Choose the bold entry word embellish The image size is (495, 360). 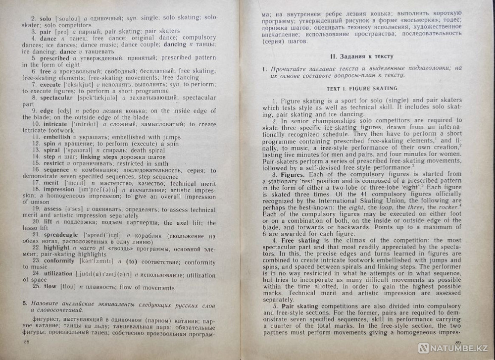tap(56, 137)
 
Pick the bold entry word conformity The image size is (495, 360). tap(60, 260)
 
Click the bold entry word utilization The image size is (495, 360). tap(58, 273)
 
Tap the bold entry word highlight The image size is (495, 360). tap(56, 247)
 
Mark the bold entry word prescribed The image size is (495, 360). tap(54, 58)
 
